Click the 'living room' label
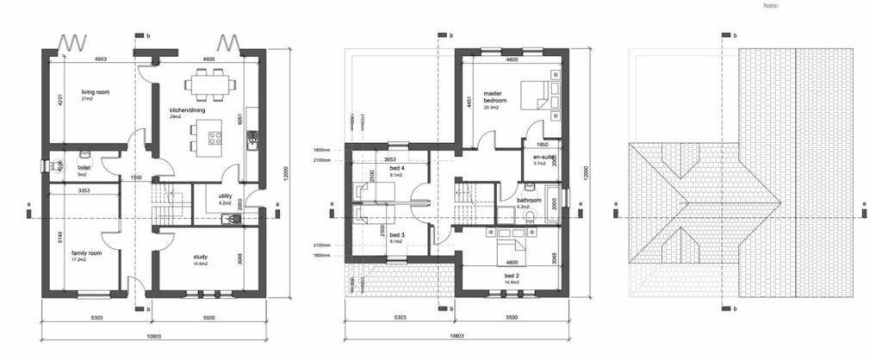tap(96, 91)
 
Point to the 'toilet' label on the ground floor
tap(84, 168)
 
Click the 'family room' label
tap(87, 252)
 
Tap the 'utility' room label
tap(225, 197)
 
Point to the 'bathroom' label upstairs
tap(529, 201)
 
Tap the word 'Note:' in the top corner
tap(771, 5)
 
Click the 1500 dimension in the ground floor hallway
tap(136, 177)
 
